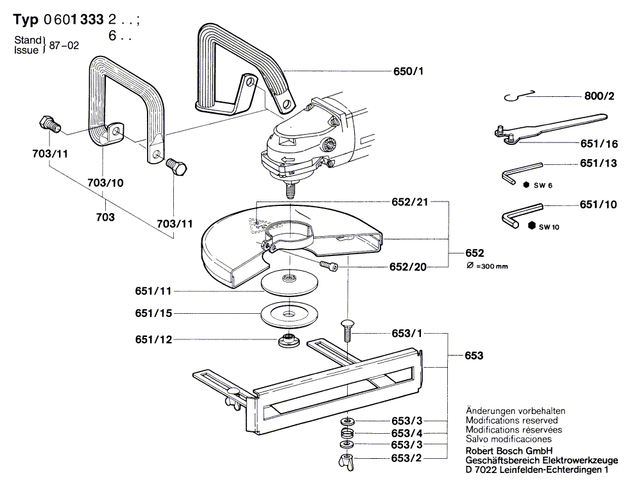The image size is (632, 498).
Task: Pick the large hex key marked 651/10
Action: (x=522, y=212)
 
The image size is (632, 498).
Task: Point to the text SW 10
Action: (x=549, y=227)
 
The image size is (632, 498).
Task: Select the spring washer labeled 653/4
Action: (x=347, y=433)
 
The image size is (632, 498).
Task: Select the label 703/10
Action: (x=105, y=183)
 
